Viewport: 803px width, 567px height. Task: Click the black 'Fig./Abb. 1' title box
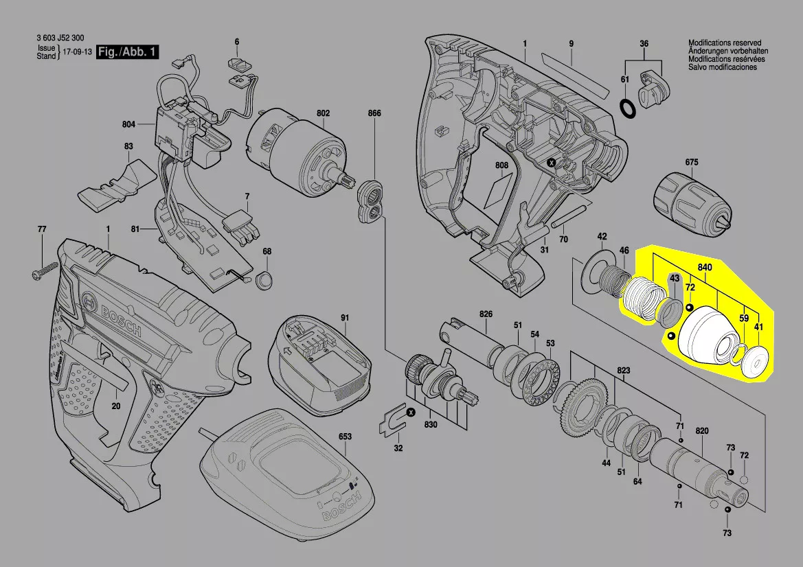click(128, 51)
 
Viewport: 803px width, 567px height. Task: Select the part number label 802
click(323, 113)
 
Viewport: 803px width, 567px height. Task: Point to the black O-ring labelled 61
click(626, 108)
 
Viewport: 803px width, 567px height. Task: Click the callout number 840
click(705, 267)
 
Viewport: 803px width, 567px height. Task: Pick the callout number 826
click(486, 314)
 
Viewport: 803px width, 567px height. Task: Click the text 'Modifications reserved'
click(725, 43)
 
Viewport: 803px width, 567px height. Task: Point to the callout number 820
click(702, 431)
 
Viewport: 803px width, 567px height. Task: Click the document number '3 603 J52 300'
click(60, 38)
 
